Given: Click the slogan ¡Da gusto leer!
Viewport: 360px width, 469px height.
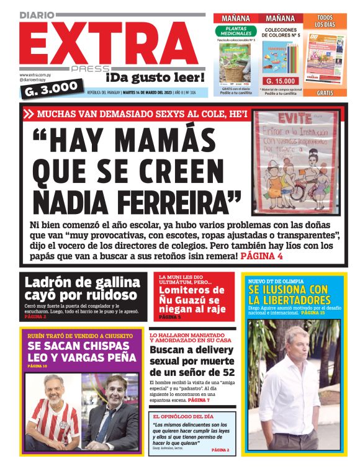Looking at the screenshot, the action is point(155,78).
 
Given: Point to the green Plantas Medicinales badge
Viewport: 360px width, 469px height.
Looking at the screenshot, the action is point(236,32).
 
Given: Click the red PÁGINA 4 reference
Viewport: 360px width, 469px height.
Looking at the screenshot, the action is point(261,255).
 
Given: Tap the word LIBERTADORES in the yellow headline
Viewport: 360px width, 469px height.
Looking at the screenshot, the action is point(289,301).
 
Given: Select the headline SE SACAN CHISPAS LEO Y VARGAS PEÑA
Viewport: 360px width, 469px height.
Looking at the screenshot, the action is point(81,352).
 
